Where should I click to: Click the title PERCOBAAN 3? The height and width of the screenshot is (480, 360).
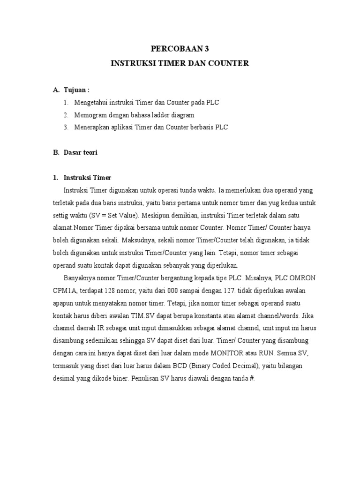pyautogui.click(x=180, y=48)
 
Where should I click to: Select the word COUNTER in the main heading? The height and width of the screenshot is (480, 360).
pyautogui.click(x=229, y=63)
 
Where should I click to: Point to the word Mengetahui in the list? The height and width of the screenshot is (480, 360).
pyautogui.click(x=90, y=102)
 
